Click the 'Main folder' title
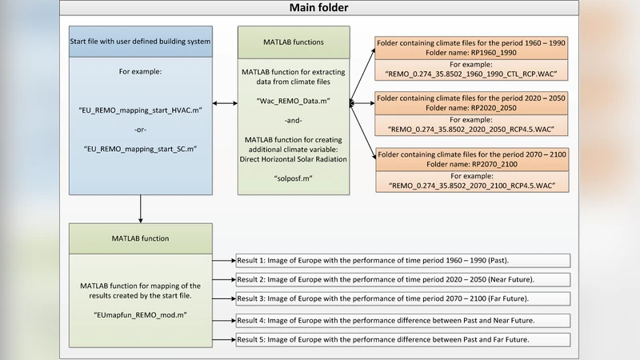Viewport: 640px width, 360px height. (x=318, y=9)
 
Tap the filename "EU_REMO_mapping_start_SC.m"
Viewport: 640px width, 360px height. (x=141, y=150)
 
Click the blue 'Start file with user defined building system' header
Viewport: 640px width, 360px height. (x=141, y=42)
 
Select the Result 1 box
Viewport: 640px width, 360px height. (x=402, y=261)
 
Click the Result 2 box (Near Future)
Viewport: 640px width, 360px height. (x=402, y=280)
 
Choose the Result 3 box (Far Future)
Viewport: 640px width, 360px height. (x=402, y=299)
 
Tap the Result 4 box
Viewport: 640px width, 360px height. (x=402, y=319)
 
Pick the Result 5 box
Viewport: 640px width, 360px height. (x=402, y=339)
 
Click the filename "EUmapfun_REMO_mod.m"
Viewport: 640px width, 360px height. (x=141, y=316)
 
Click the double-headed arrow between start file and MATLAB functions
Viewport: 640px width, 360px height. (x=226, y=103)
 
